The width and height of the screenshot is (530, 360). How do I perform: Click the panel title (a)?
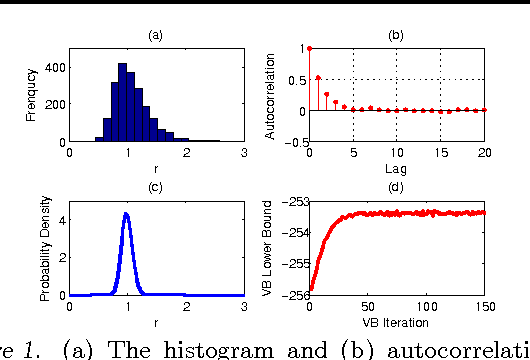[155, 35]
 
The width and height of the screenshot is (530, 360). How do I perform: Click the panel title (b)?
[396, 35]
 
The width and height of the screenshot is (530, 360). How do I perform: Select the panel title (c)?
[155, 189]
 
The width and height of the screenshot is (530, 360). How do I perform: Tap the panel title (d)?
[396, 189]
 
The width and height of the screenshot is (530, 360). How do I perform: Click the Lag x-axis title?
[396, 169]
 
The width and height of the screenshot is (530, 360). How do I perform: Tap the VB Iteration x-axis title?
[396, 323]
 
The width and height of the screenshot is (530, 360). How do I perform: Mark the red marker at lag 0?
[310, 48]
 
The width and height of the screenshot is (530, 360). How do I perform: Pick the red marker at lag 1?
[318, 77]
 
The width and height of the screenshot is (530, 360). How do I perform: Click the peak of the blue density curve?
[126, 214]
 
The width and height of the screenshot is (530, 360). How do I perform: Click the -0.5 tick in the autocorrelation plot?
[294, 142]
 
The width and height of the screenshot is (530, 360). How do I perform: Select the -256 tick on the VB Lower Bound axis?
[294, 296]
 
